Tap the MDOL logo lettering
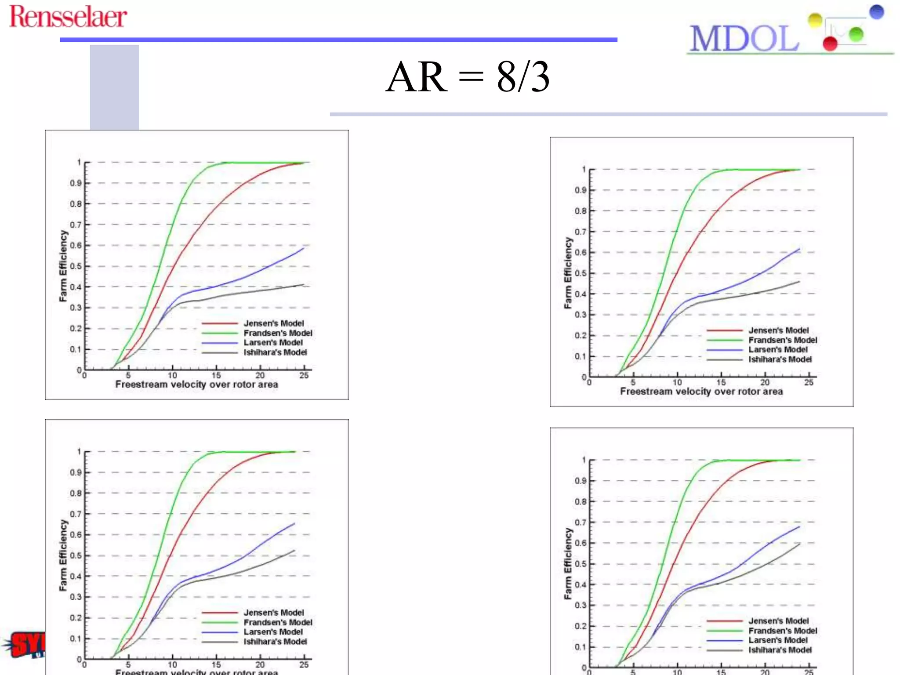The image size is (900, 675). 744,39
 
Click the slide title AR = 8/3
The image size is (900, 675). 468,76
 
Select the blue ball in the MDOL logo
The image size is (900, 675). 876,12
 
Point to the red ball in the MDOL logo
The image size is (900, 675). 830,44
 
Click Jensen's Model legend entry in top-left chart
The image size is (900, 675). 273,323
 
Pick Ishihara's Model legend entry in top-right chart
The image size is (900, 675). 780,359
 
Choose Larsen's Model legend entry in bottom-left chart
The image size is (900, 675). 273,632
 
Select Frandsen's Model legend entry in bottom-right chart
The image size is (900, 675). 783,631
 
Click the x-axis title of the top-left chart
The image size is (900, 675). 196,385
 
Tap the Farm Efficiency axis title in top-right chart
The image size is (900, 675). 568,273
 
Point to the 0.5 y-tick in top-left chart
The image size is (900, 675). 76,266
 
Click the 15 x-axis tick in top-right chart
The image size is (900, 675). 721,382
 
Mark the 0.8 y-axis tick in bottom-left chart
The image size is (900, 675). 76,494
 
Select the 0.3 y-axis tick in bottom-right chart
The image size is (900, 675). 581,606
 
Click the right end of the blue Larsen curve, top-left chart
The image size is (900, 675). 303,248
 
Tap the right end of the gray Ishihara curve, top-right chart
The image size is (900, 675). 799,281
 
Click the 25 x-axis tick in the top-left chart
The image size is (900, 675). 304,375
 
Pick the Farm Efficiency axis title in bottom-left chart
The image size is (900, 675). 63,555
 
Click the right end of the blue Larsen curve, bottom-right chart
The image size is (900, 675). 799,526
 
